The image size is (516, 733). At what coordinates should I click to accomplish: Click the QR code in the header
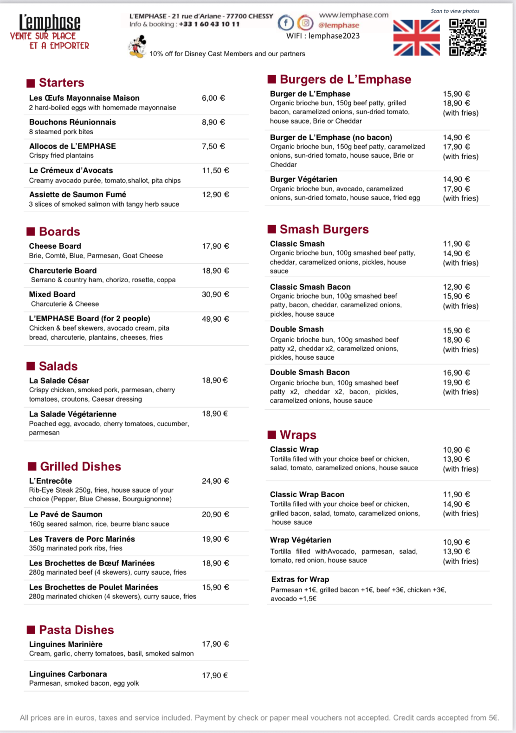(x=467, y=37)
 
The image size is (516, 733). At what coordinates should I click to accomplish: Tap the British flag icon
(x=416, y=38)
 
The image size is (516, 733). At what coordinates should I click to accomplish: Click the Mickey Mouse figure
(x=137, y=47)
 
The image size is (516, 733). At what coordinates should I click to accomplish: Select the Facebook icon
(x=286, y=22)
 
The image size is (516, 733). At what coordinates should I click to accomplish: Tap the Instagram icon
(x=305, y=22)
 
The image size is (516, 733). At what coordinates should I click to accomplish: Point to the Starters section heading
(x=61, y=83)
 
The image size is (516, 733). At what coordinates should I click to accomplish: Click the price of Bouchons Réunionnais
(x=213, y=122)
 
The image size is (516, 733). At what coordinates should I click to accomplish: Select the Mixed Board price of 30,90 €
(x=215, y=294)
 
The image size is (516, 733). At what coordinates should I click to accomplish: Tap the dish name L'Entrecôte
(x=51, y=481)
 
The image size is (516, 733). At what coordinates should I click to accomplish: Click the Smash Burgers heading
(x=324, y=229)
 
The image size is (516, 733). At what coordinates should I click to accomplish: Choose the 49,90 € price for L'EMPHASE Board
(x=215, y=319)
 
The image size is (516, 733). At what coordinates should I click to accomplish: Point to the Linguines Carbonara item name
(x=68, y=674)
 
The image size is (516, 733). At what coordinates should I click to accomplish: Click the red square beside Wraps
(x=272, y=435)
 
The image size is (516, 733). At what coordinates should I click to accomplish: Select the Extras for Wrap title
(x=300, y=579)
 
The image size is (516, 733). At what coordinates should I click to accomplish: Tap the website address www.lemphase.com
(x=354, y=15)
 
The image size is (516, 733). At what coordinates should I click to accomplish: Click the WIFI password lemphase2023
(x=334, y=36)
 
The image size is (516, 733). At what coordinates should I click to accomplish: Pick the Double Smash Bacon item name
(x=310, y=372)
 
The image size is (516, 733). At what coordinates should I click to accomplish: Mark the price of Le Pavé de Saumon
(x=215, y=514)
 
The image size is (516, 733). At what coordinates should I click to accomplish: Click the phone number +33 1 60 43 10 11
(x=209, y=24)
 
